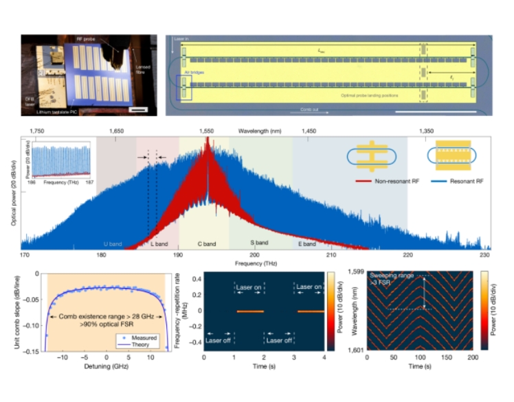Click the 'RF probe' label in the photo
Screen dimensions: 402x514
click(x=85, y=39)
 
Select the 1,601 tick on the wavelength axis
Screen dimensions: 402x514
click(x=357, y=350)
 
